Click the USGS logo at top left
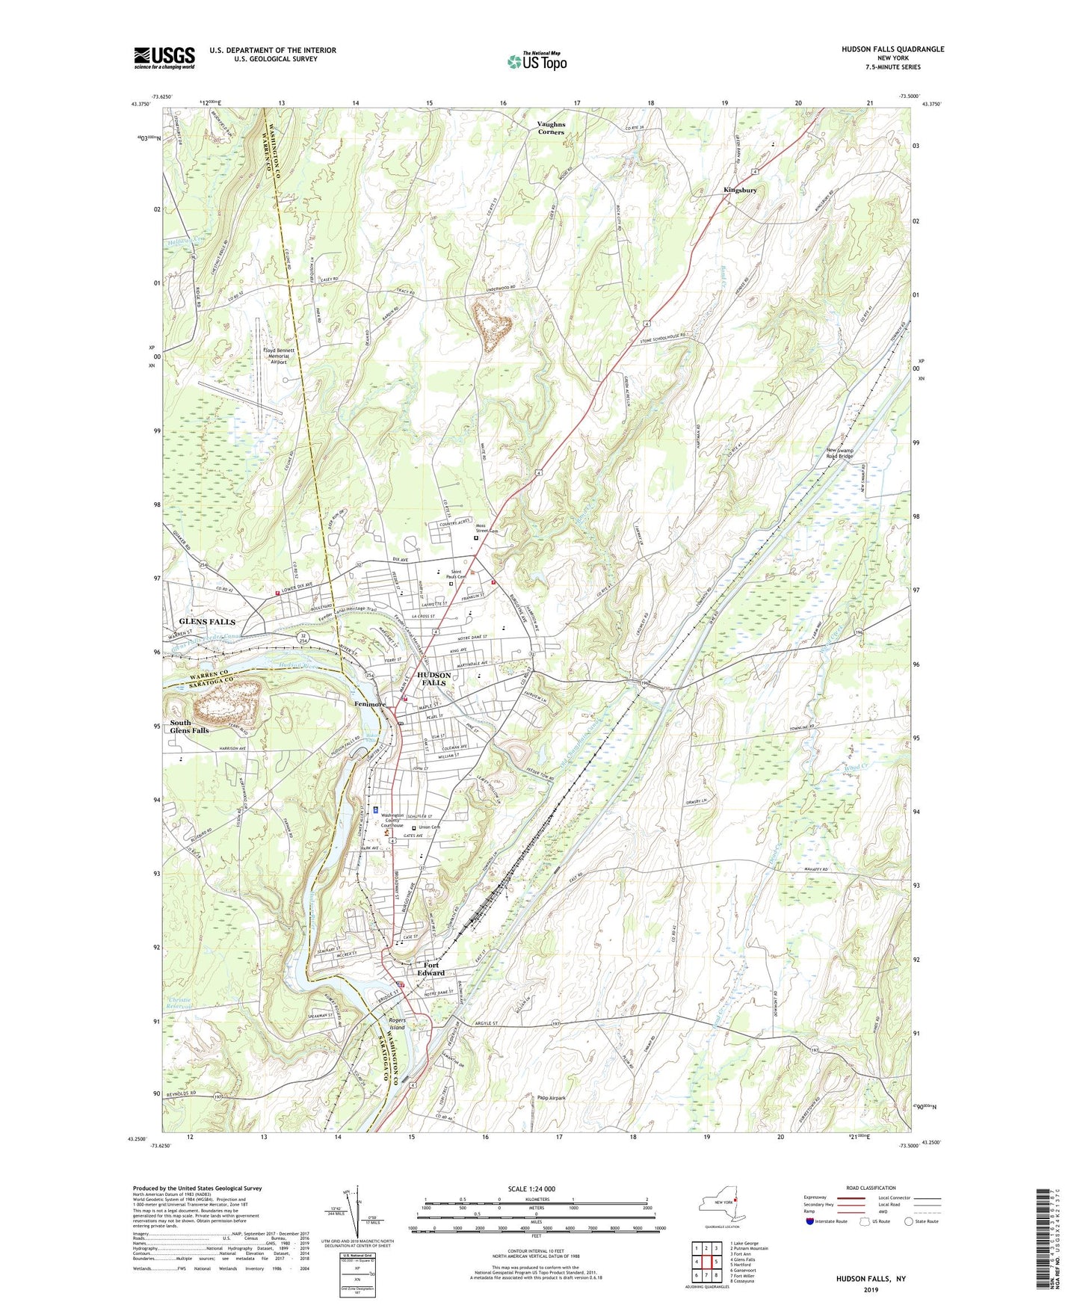point(164,58)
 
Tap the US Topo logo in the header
point(537,61)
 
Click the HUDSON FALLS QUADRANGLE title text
point(892,49)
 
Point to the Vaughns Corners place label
point(551,128)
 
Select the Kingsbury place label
point(740,190)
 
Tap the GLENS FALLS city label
point(207,622)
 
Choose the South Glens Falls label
point(190,726)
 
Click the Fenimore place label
point(370,704)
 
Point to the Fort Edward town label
point(431,969)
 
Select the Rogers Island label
point(396,1025)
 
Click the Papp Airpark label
point(552,1098)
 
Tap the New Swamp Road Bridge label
point(850,453)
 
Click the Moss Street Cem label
point(493,528)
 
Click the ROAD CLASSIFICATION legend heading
point(871,1188)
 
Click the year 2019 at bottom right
point(871,1289)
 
